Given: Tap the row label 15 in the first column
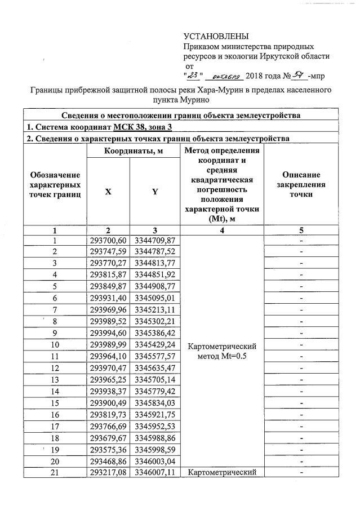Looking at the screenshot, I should click(x=55, y=403).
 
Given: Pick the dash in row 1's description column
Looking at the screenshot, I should click(x=301, y=241).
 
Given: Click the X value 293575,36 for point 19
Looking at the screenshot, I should click(x=108, y=449).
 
